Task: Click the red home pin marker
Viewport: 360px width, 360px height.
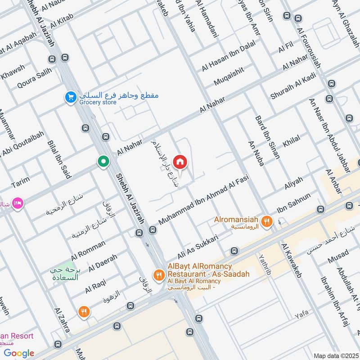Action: click(x=180, y=162)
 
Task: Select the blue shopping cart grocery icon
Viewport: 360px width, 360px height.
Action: click(x=70, y=97)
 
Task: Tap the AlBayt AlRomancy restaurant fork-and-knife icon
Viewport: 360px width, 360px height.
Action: click(x=158, y=274)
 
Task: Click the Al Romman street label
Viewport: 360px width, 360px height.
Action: click(x=88, y=247)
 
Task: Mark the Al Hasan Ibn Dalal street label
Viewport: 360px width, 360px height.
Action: click(x=229, y=56)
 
